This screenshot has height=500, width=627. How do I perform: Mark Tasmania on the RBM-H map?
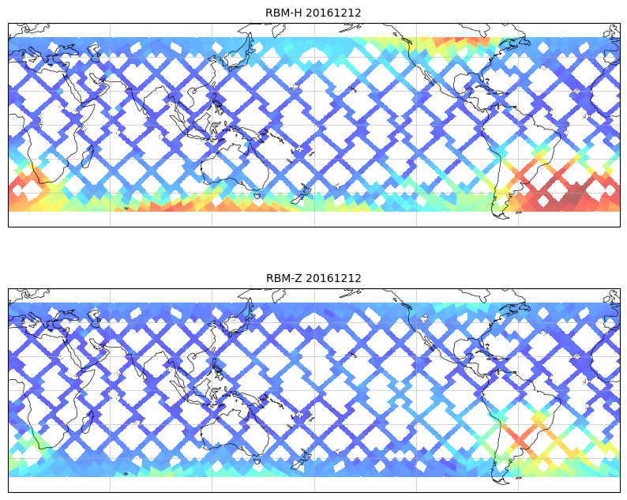point(256,193)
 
